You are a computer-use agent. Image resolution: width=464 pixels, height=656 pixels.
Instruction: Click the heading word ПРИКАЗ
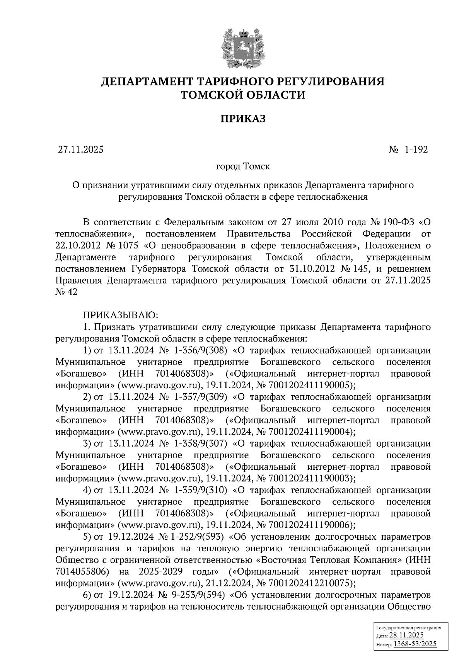coord(243,119)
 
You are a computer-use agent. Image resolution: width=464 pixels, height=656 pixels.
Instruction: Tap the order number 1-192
coord(416,150)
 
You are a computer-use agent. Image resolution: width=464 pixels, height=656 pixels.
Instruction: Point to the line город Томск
coord(243,167)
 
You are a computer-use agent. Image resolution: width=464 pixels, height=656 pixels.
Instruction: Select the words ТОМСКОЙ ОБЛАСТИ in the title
coord(243,95)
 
